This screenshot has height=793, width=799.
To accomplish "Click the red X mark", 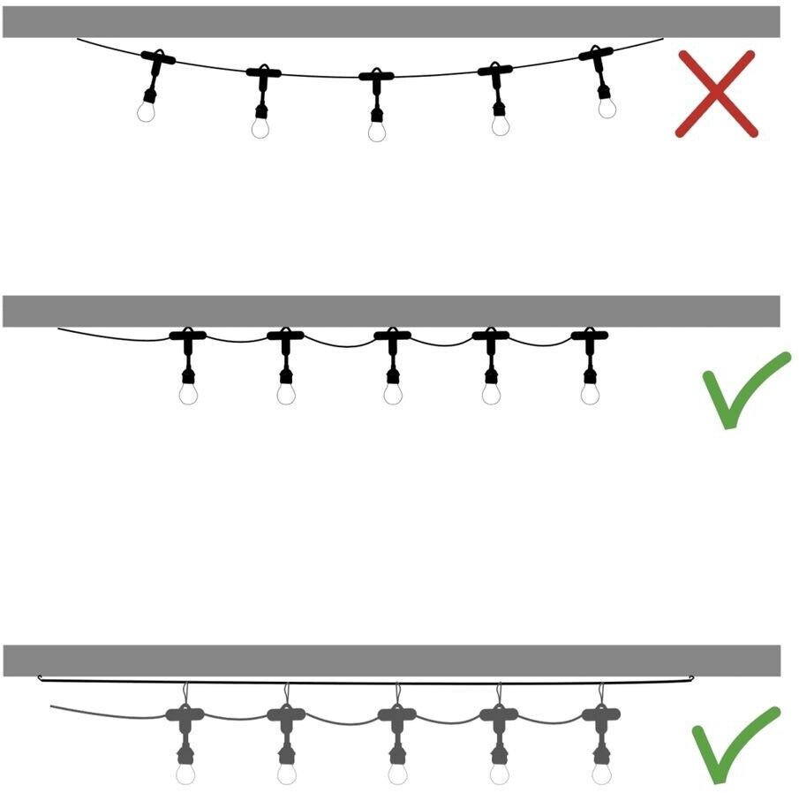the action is (x=716, y=94).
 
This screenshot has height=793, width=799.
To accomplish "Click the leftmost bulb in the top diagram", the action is (x=147, y=110).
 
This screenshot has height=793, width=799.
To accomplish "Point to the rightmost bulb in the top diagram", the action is (x=606, y=107).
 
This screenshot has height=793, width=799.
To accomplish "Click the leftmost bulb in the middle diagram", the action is (x=187, y=393).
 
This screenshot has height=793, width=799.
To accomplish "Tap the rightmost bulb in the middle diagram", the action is (x=590, y=393).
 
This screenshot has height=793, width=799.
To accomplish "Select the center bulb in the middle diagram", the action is (x=393, y=393).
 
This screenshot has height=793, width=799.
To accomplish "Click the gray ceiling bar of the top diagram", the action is (x=391, y=22).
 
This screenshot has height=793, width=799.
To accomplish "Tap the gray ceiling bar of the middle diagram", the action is (x=391, y=311).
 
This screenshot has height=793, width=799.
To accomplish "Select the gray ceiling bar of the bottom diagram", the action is (x=391, y=661).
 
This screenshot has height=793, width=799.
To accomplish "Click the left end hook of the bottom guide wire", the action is (x=41, y=678).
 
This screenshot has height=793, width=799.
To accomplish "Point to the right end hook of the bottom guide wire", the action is (x=691, y=679).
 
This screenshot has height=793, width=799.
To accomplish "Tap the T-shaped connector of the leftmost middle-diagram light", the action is (x=187, y=336).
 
